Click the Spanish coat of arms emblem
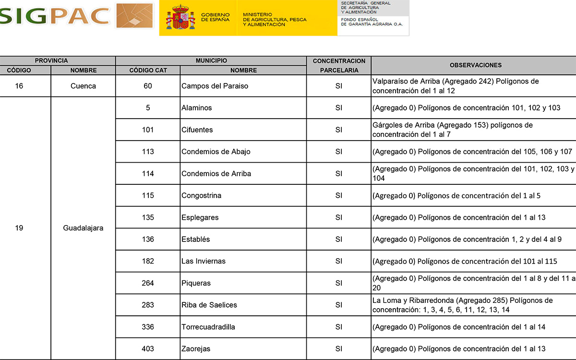[x=180, y=17]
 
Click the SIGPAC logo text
[x=55, y=16]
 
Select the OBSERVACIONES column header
[x=475, y=65]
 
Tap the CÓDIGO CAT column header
[x=148, y=70]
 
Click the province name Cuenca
[x=83, y=86]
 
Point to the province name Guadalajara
[x=83, y=228]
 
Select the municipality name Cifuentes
[x=197, y=130]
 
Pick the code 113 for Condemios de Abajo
[x=148, y=152]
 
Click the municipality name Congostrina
[x=201, y=195]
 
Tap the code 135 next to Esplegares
[x=148, y=217]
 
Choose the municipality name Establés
[x=195, y=239]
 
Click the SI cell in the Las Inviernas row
[x=339, y=261]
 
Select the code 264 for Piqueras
[x=148, y=283]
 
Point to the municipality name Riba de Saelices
[x=209, y=305]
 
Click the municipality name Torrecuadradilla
[x=208, y=327]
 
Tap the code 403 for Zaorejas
[x=148, y=348]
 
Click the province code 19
[x=19, y=228]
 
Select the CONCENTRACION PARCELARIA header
[x=339, y=65]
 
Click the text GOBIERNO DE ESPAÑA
[x=215, y=17]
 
